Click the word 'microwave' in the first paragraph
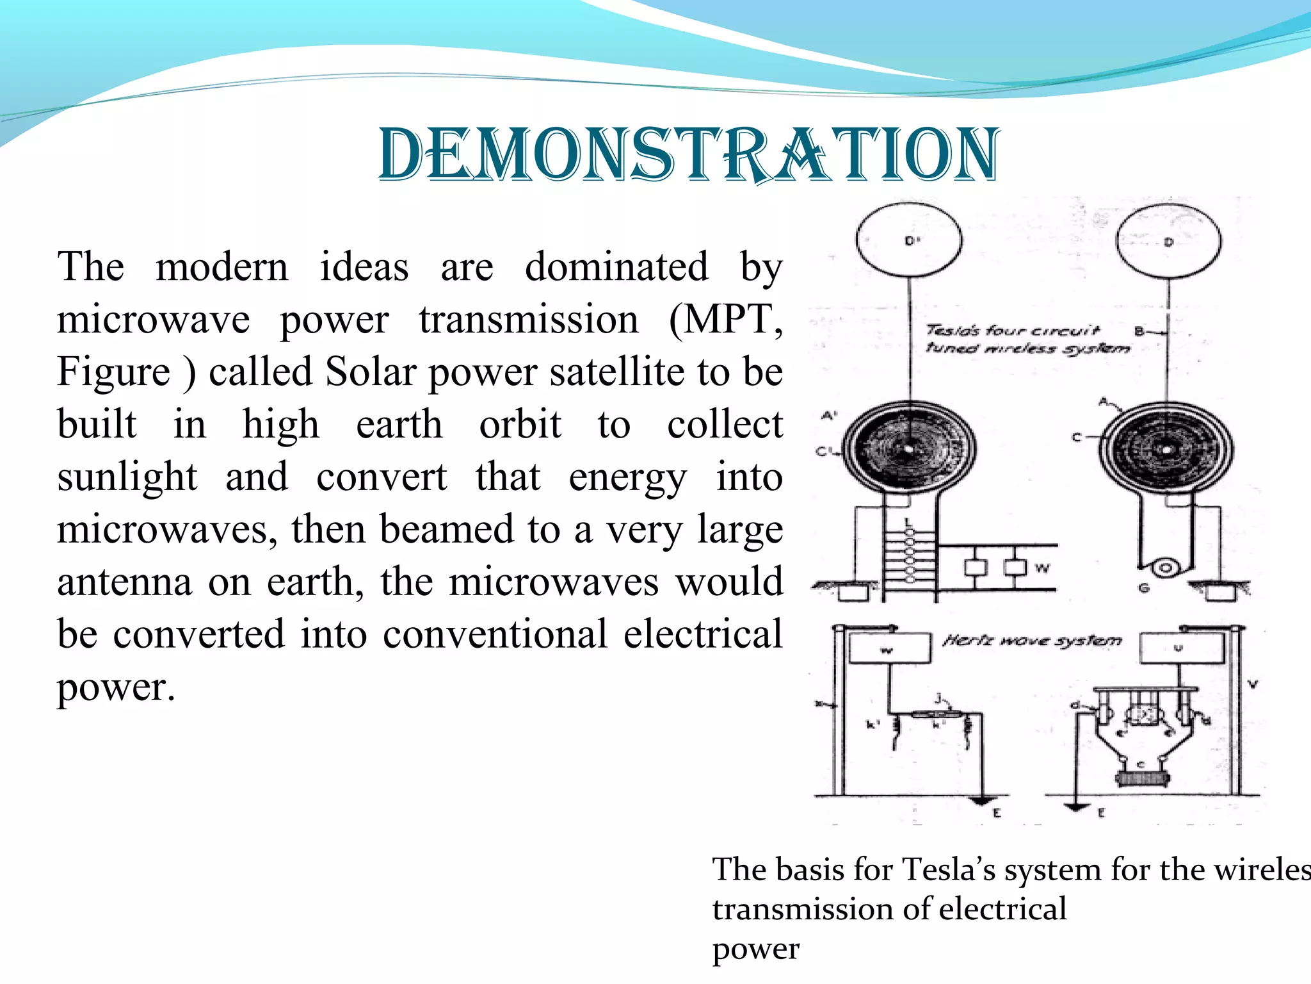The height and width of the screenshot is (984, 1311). [x=153, y=319]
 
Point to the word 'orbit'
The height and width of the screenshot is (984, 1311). [x=520, y=424]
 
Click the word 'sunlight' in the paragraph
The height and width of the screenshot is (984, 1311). [x=127, y=477]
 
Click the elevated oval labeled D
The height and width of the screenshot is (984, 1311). [x=1168, y=242]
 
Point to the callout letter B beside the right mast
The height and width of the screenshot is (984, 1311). [x=1139, y=332]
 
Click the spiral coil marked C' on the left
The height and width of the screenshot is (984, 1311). [x=909, y=448]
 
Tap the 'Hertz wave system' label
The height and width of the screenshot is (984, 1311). [x=1032, y=641]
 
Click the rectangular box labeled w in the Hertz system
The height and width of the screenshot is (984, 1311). [x=889, y=648]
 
